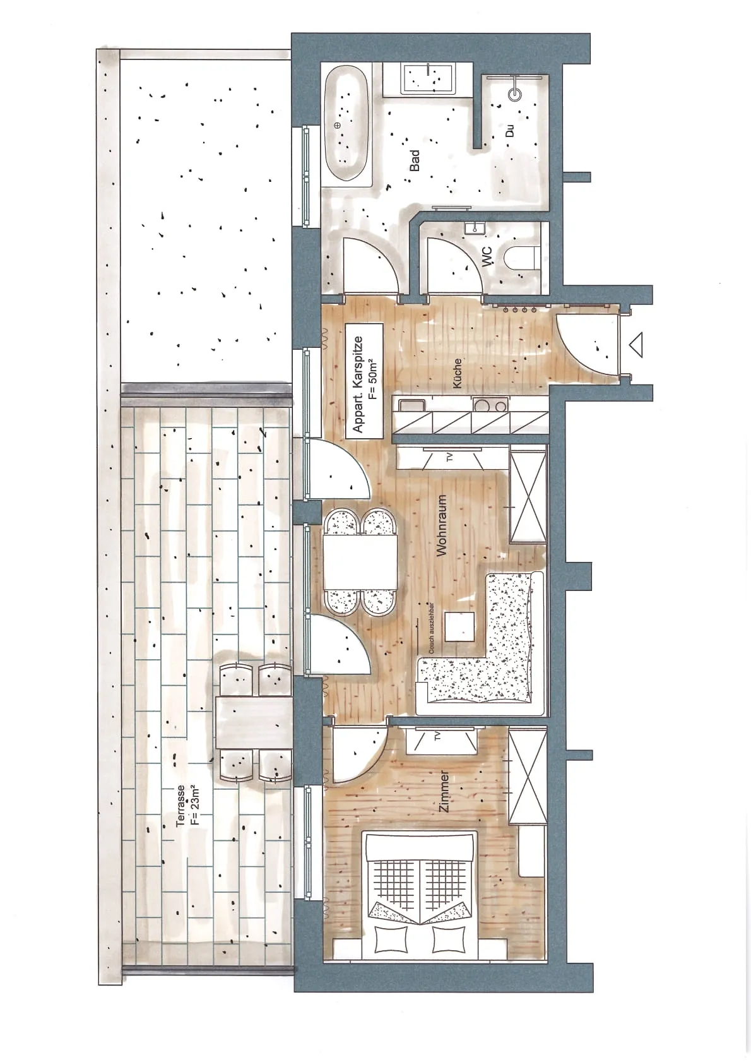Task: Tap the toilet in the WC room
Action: pos(520,258)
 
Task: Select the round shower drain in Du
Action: pos(514,94)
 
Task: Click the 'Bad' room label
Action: pos(415,161)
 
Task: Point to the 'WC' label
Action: pos(487,256)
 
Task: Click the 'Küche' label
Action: pos(456,373)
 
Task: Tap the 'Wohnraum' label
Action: pos(442,525)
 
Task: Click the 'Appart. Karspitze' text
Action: pos(358,384)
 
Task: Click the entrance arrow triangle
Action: pos(636,345)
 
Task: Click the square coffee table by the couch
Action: pos(459,626)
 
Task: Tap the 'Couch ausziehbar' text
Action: pos(431,628)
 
